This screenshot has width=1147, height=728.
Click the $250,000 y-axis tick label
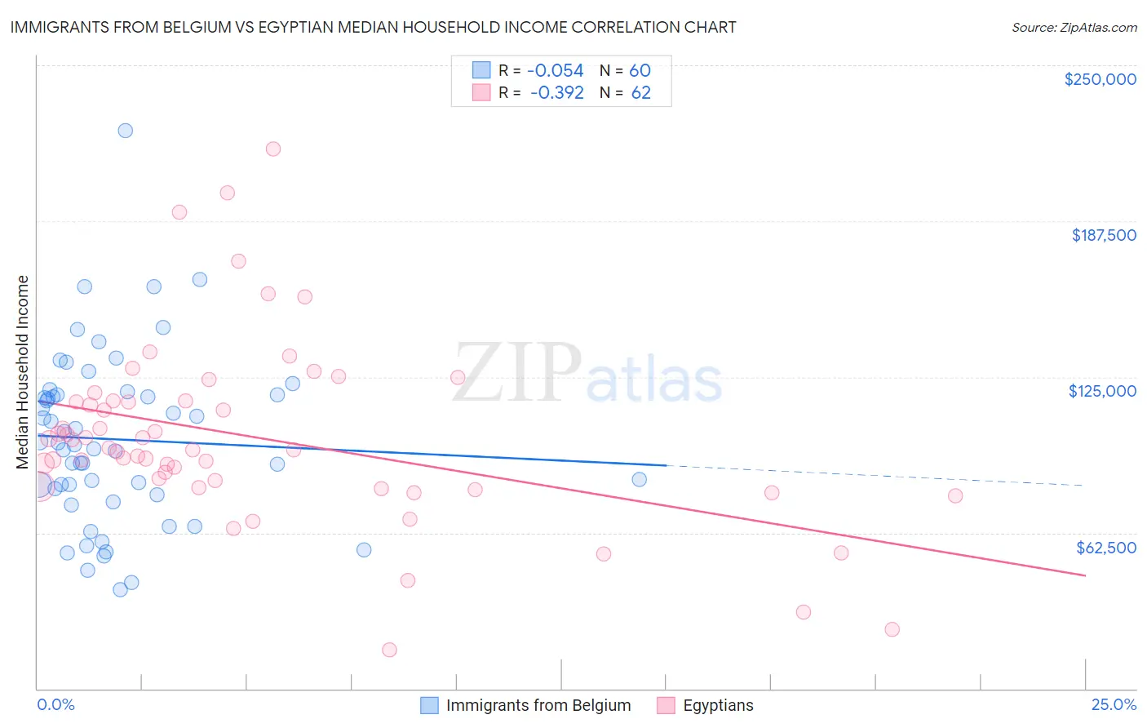click(x=1100, y=79)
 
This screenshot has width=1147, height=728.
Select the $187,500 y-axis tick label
click(x=1103, y=235)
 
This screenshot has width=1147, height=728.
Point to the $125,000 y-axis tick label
click(x=1102, y=391)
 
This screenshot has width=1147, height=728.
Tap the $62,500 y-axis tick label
click(x=1105, y=548)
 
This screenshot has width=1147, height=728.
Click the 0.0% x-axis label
click(x=55, y=704)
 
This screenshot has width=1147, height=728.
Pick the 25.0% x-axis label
click(x=1114, y=704)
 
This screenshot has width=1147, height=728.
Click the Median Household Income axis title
click(x=23, y=372)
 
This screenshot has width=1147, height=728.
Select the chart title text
click(x=373, y=28)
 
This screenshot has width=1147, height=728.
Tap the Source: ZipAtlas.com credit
click(x=1074, y=28)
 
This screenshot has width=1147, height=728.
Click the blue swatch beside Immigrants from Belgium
click(x=429, y=705)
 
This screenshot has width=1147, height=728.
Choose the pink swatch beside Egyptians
click(x=666, y=705)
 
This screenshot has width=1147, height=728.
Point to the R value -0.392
click(x=556, y=93)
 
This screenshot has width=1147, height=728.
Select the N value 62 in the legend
click(x=640, y=93)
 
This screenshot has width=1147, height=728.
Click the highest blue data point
click(x=125, y=131)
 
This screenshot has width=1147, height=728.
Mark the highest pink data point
click(x=273, y=149)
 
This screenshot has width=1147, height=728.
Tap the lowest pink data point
click(x=389, y=650)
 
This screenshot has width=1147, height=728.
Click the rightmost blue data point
click(x=640, y=479)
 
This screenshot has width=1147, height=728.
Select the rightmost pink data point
click(x=955, y=495)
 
